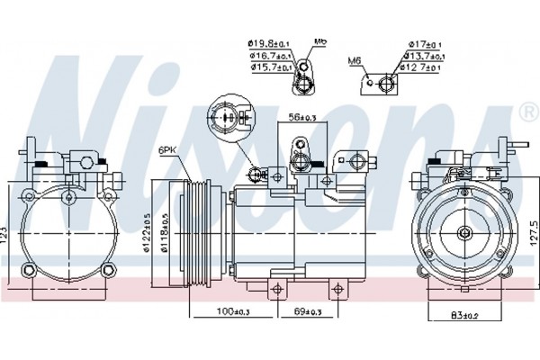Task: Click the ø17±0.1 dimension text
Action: point(424,42)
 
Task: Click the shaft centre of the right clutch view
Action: point(464,233)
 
